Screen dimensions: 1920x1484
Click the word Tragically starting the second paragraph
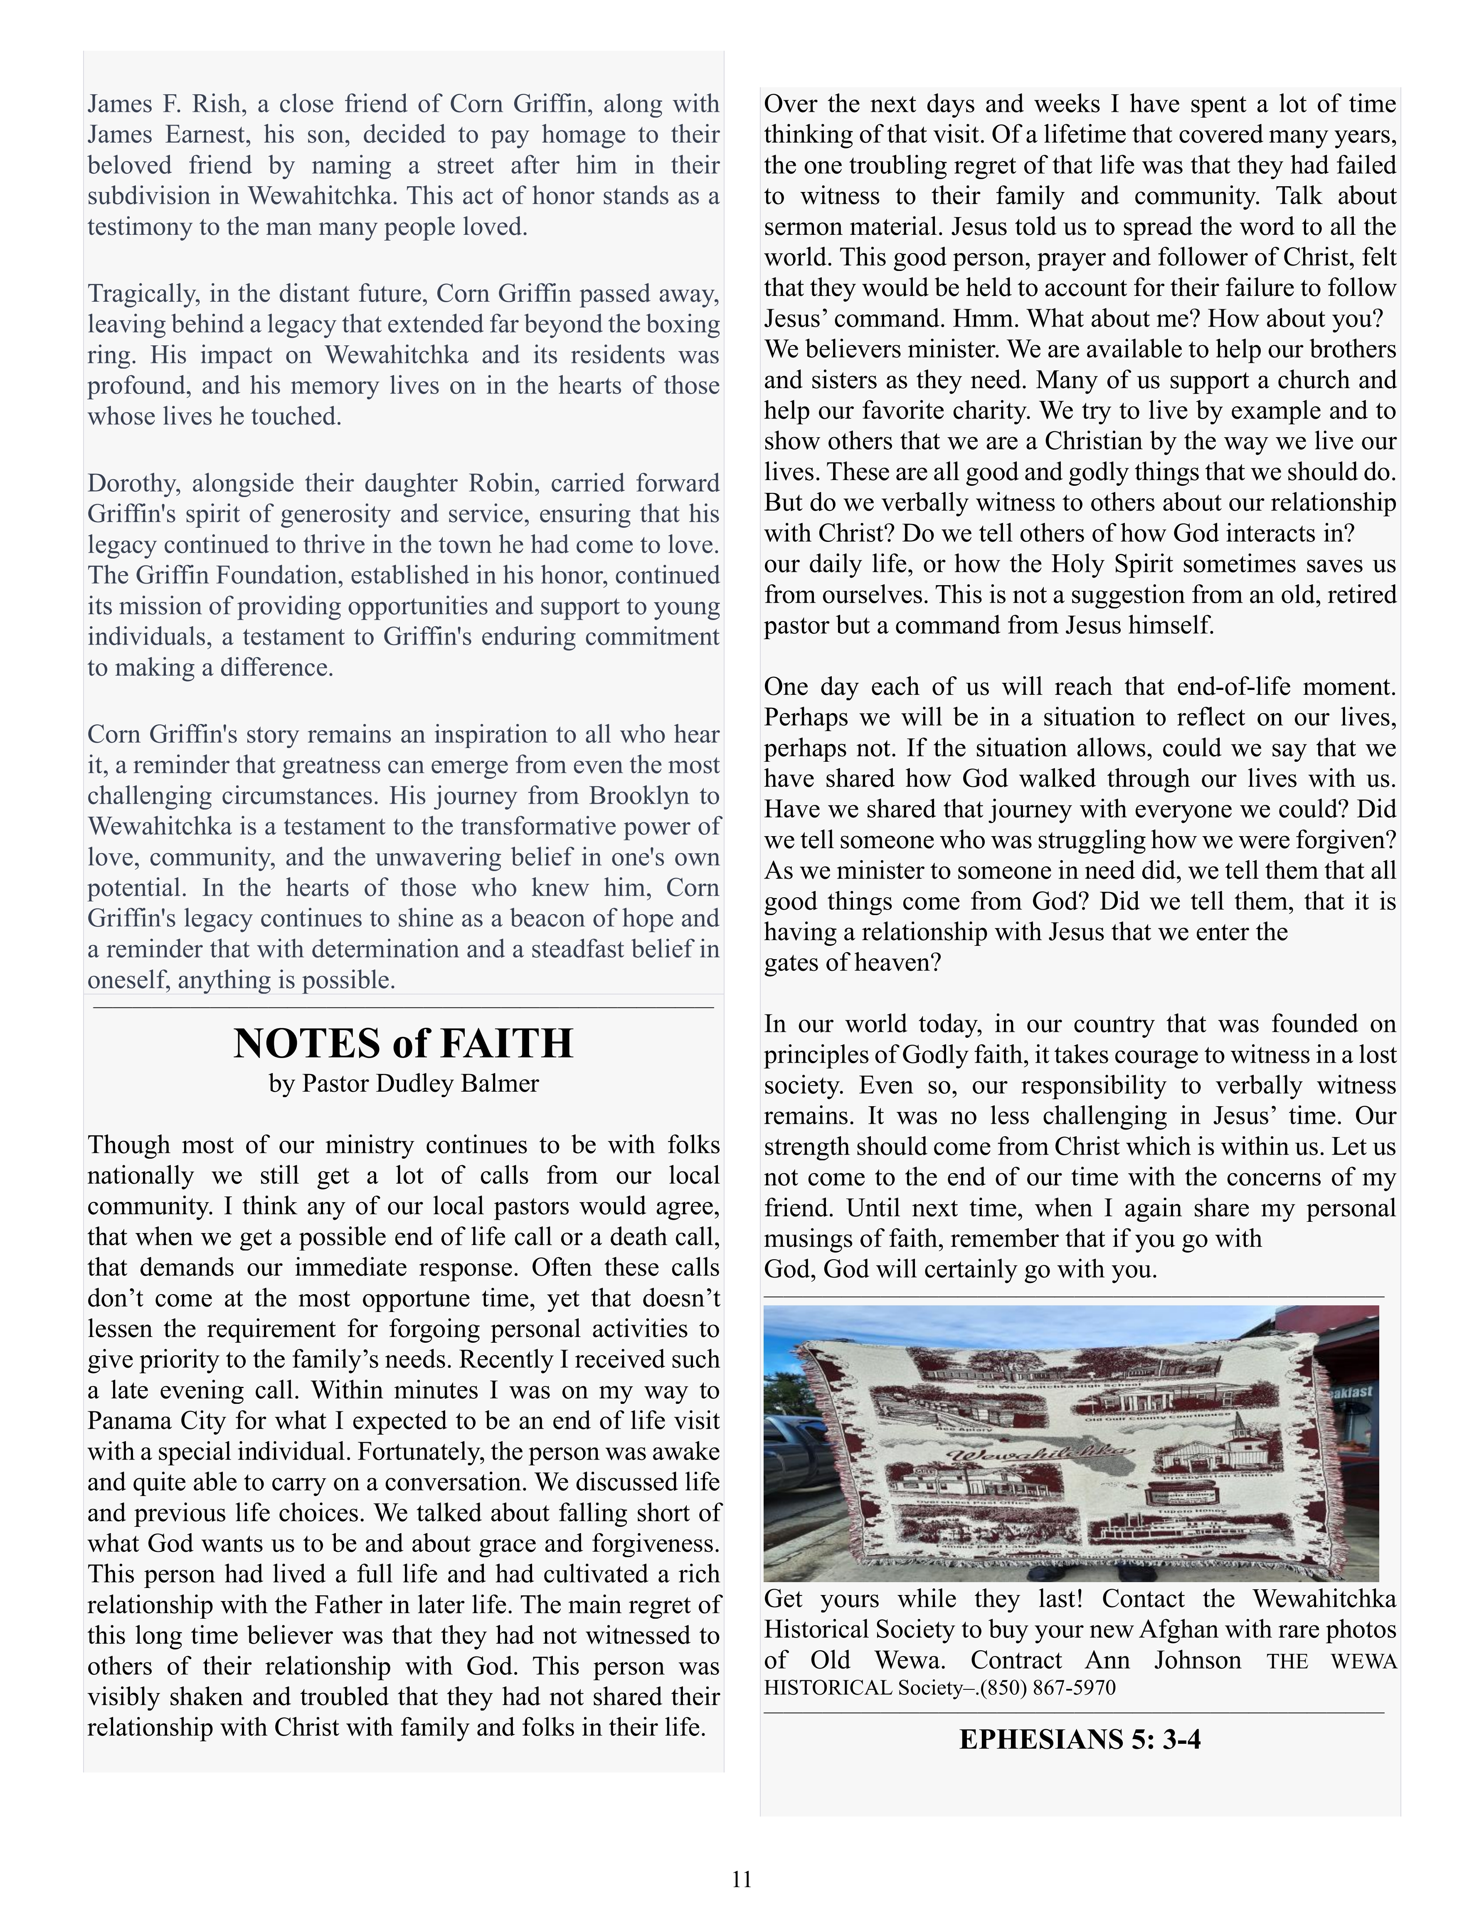(x=141, y=294)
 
